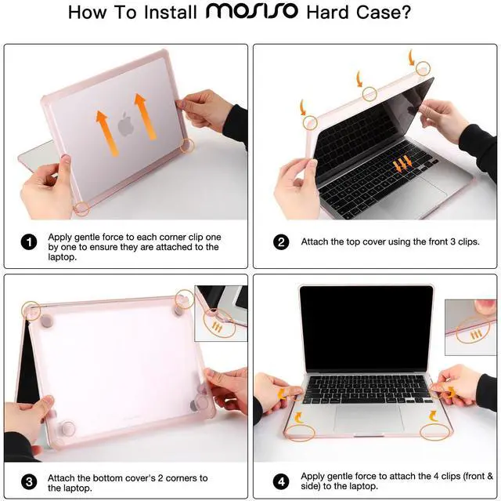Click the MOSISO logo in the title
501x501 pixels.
(241, 13)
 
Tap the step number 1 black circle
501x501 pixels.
(30, 242)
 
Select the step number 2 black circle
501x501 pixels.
(282, 242)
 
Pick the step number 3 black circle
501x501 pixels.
(30, 481)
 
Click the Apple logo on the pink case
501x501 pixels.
(124, 124)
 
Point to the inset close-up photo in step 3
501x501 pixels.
(222, 314)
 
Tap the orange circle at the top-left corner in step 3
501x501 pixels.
(31, 310)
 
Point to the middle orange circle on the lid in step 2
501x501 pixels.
(369, 93)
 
